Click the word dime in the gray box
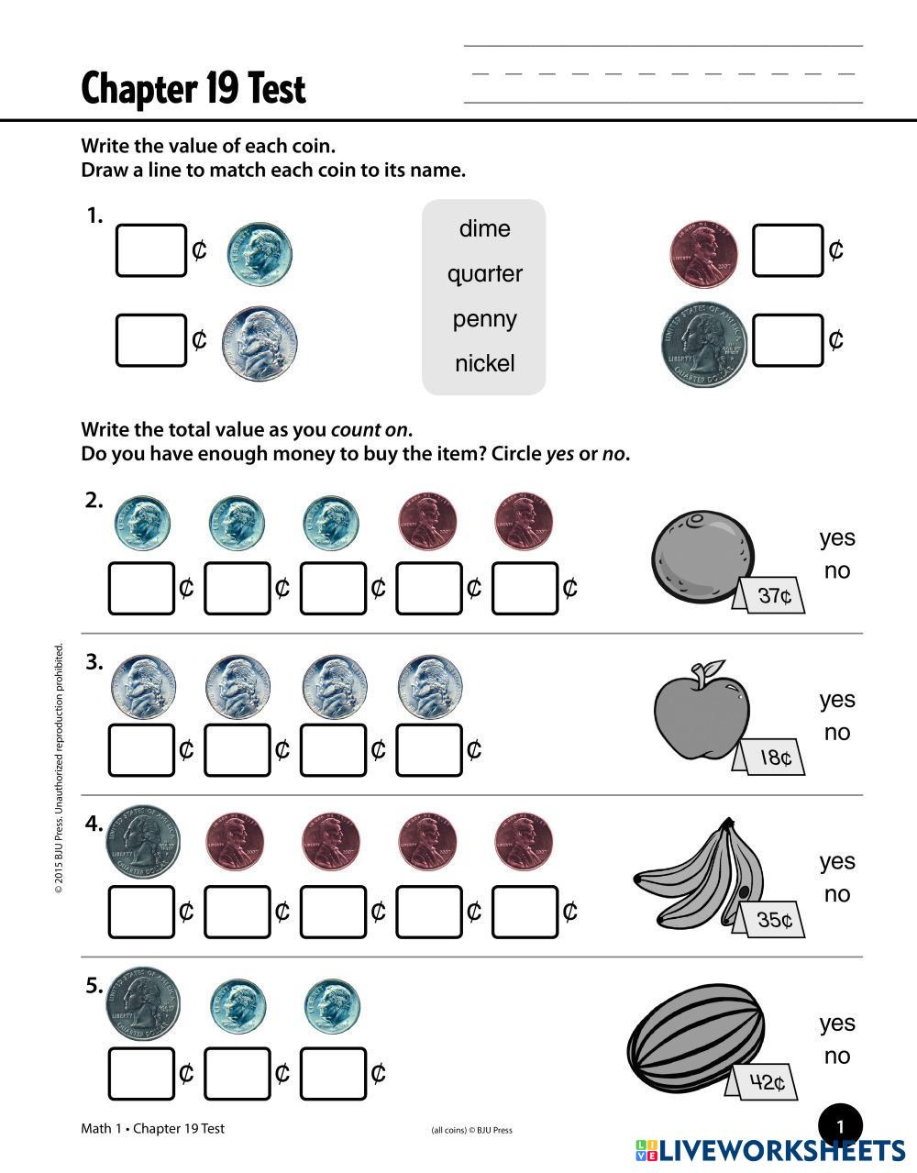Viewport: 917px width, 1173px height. click(484, 228)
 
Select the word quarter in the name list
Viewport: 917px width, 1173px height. click(485, 274)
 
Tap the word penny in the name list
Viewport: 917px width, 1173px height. click(484, 319)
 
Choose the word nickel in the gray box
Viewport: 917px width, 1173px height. click(484, 363)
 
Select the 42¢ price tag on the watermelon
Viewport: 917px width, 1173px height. click(763, 1082)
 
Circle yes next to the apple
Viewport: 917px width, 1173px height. click(837, 701)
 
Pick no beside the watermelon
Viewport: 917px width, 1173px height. click(837, 1057)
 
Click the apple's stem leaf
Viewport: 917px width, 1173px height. click(714, 667)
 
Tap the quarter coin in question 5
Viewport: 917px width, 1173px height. click(143, 1004)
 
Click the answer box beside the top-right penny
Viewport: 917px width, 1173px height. click(788, 250)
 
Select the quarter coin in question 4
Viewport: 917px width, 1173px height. click(143, 842)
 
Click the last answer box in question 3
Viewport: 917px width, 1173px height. click(429, 750)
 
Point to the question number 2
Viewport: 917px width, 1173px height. click(94, 501)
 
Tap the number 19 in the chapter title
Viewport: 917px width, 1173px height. click(221, 88)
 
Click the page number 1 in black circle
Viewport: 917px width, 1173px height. click(840, 1126)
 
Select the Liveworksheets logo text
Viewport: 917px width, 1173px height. click(769, 1150)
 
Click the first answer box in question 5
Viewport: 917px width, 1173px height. click(141, 1074)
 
